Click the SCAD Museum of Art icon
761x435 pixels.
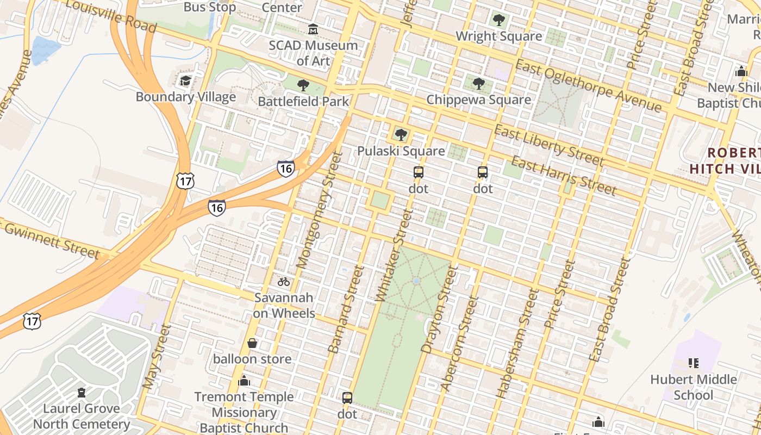click(313, 29)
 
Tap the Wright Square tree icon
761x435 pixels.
click(498, 21)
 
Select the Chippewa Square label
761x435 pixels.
click(478, 100)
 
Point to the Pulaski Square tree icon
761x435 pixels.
click(401, 134)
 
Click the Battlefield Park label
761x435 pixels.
click(303, 101)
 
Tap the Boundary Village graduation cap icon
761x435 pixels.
click(185, 81)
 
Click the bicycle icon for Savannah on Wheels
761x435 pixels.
click(284, 281)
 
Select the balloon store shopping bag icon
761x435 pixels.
click(252, 343)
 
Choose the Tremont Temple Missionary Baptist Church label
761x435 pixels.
click(244, 412)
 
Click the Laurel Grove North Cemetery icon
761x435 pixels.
click(82, 392)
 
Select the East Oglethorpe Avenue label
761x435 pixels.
click(588, 85)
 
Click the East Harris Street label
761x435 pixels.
click(564, 176)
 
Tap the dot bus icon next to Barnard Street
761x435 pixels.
click(347, 397)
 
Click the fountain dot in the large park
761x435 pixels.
click(416, 281)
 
